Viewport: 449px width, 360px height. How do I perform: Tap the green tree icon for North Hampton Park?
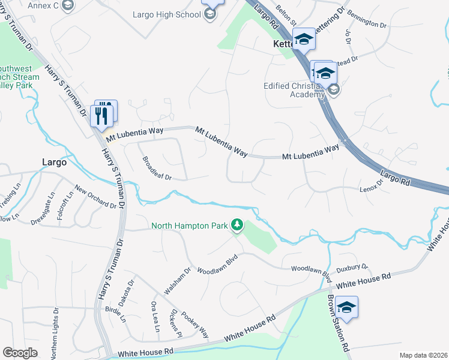[238, 225]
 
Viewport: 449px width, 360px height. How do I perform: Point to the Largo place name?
[54, 161]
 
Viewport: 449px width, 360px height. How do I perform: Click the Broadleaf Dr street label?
[157, 169]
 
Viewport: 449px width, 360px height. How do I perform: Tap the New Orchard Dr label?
[95, 197]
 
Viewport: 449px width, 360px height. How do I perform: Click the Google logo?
[20, 353]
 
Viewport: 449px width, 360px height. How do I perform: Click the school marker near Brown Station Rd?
[346, 308]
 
